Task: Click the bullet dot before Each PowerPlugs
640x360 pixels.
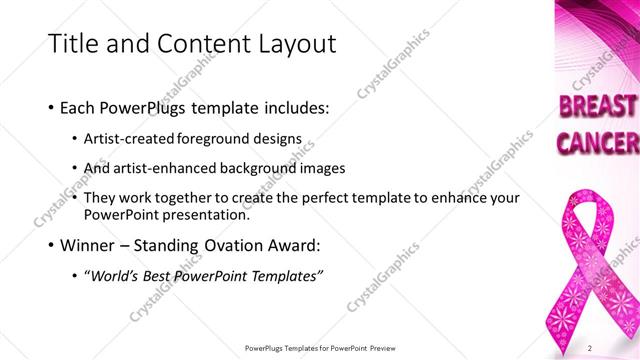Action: coord(51,106)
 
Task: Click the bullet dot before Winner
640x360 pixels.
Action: coord(51,244)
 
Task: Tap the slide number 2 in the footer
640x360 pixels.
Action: coord(590,347)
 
